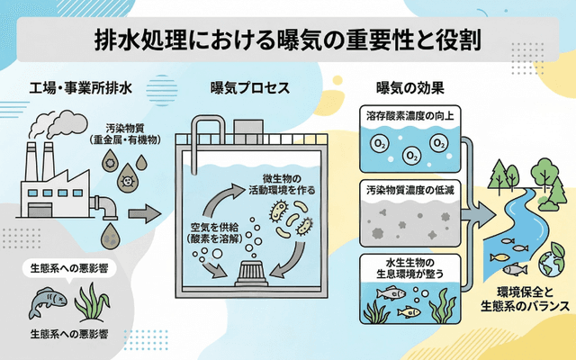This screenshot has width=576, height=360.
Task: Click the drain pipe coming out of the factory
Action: tap(107, 207)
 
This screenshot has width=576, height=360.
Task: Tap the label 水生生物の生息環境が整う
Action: tap(410, 267)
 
